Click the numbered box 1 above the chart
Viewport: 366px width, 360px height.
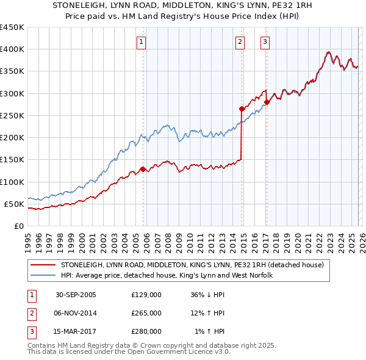pos(142,42)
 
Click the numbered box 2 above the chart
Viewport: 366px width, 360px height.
pos(240,42)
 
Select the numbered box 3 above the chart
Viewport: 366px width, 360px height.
pos(265,42)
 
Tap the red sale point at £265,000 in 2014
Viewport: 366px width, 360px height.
pos(242,109)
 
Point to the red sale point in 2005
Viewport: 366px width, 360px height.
pos(143,169)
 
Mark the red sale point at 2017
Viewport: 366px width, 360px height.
pos(267,103)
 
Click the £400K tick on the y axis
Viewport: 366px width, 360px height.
pos(12,49)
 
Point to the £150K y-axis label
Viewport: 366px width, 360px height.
pos(12,160)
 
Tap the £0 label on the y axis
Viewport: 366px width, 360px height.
pos(18,226)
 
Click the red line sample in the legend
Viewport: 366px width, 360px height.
pos(43,265)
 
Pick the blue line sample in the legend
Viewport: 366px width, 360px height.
pos(43,276)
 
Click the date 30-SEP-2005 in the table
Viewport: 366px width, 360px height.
pos(76,295)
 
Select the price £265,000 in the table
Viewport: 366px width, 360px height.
pos(146,313)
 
